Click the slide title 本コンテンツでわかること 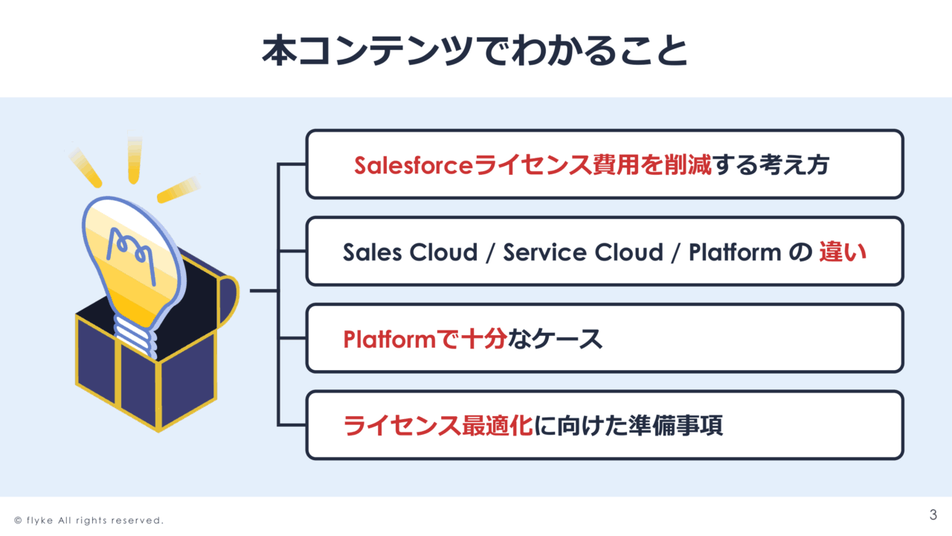475,51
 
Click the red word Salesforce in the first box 414,165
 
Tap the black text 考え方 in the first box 794,165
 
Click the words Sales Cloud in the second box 411,252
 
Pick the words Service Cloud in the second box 583,252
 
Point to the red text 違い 843,252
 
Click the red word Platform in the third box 389,339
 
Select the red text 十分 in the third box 484,339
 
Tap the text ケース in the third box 567,339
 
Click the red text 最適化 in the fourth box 498,425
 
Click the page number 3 933,514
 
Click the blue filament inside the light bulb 131,255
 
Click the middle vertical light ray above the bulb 135,159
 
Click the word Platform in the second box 735,252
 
